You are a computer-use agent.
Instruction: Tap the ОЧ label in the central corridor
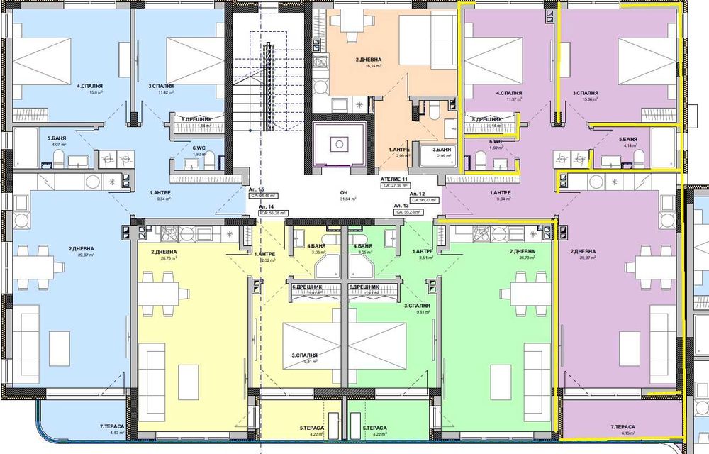pyautogui.click(x=343, y=192)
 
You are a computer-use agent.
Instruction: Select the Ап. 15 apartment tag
pyautogui.click(x=257, y=190)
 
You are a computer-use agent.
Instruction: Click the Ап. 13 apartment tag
pyautogui.click(x=402, y=206)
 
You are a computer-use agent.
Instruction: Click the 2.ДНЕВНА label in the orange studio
pyautogui.click(x=370, y=60)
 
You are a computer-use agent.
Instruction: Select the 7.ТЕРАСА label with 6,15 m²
pyautogui.click(x=623, y=427)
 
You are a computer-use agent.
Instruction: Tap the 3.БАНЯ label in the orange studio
pyautogui.click(x=424, y=150)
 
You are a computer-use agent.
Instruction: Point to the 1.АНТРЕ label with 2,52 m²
pyautogui.click(x=264, y=253)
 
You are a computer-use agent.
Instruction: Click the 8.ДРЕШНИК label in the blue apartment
pyautogui.click(x=194, y=119)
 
